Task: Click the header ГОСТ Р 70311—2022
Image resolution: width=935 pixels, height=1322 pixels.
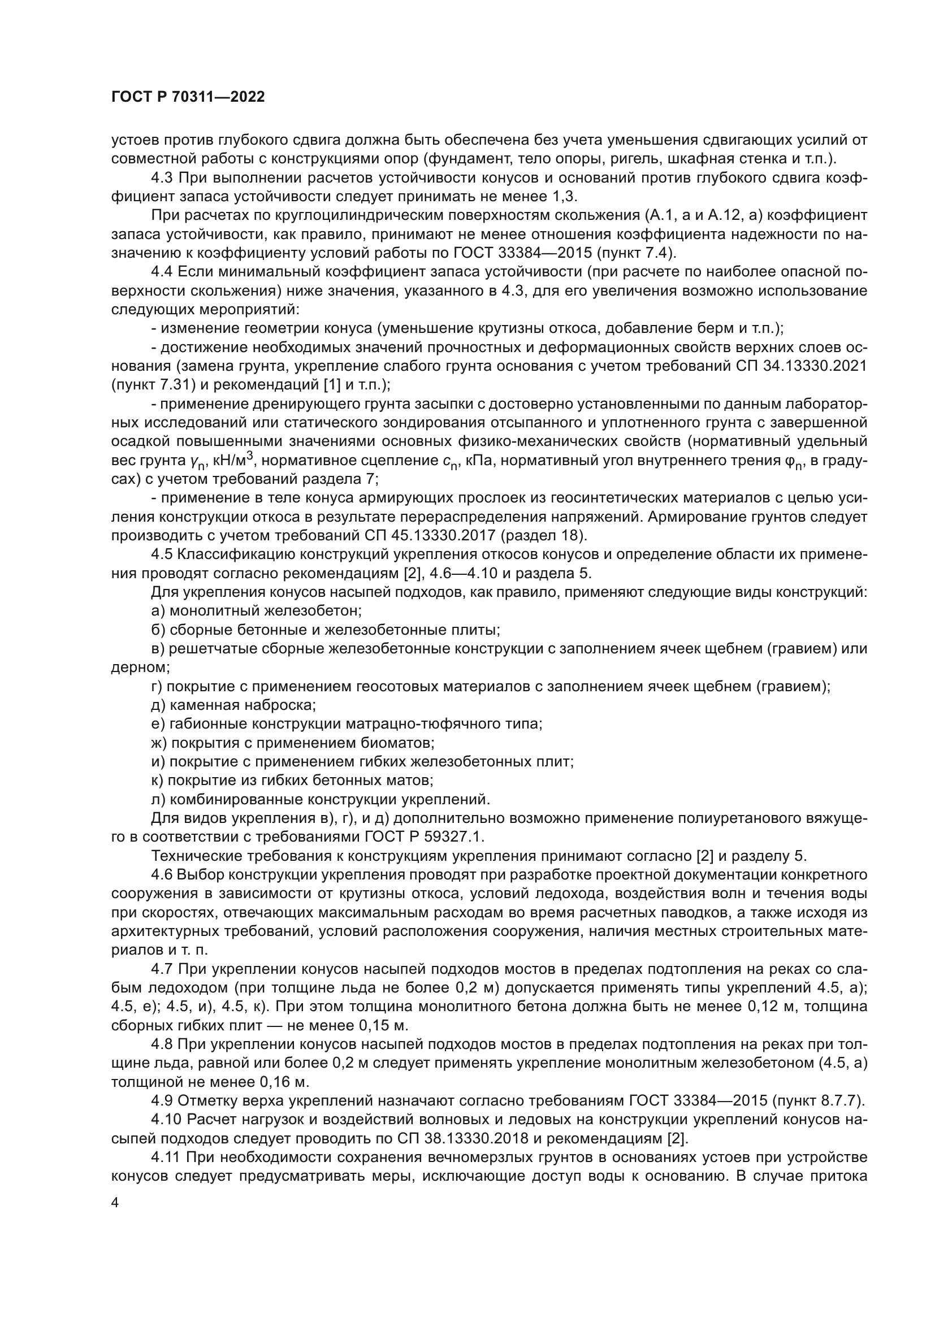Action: pos(188,97)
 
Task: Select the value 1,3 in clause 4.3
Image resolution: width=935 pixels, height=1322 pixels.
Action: pos(564,197)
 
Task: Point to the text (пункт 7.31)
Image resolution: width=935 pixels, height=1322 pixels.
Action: pos(148,385)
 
